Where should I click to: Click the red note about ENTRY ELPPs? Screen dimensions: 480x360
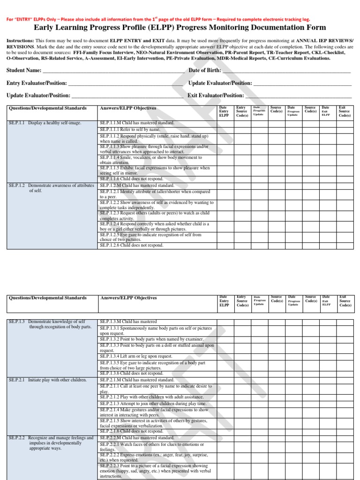157,19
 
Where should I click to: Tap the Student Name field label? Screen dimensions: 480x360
23,71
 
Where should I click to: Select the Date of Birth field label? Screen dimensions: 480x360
204,70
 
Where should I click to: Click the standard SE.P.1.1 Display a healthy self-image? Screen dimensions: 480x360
45,123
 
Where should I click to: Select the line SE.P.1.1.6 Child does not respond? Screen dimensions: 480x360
131,179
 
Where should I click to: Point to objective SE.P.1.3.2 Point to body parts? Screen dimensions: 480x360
145,339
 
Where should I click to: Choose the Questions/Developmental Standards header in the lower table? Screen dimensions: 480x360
48,298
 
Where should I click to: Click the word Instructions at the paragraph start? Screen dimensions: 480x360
20,41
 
